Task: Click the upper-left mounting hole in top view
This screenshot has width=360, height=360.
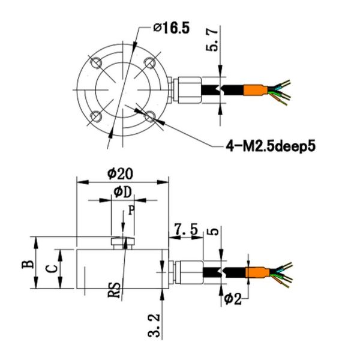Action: coord(95,62)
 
